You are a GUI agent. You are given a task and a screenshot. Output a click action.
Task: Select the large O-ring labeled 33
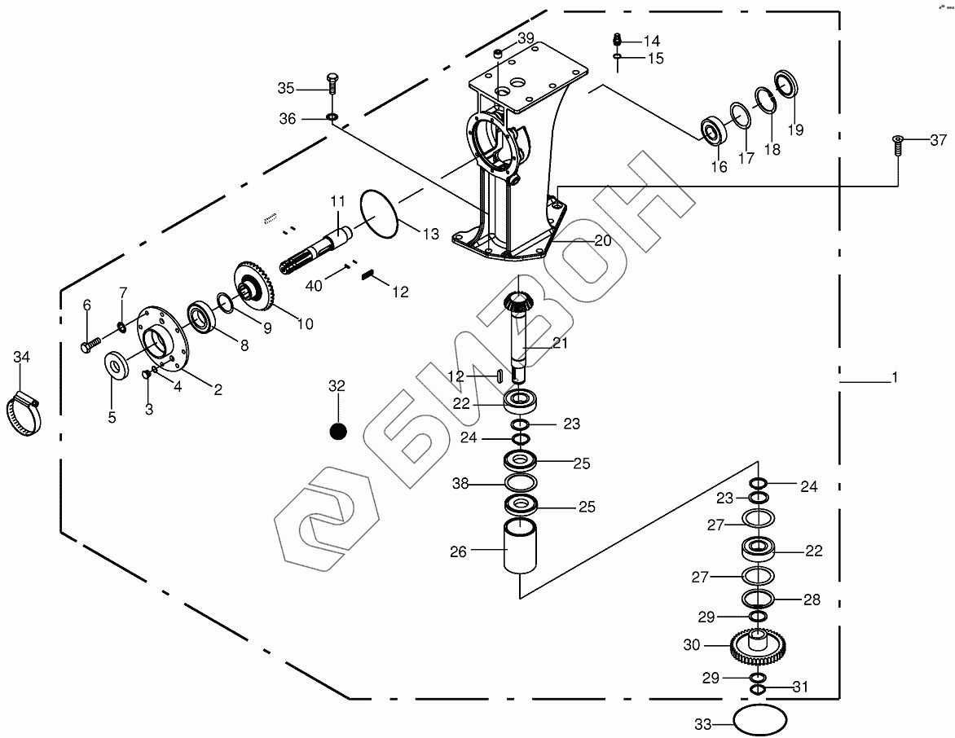coord(761,721)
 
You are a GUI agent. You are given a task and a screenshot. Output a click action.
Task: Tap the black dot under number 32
coord(337,431)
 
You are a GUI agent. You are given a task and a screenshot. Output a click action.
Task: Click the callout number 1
coord(894,378)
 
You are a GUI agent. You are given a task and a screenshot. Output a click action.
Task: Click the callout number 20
coord(602,240)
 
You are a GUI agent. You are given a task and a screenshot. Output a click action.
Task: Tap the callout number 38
coord(461,484)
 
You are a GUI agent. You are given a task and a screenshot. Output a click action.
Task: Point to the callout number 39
coord(526,38)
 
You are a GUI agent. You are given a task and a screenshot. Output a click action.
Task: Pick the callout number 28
coord(812,600)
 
